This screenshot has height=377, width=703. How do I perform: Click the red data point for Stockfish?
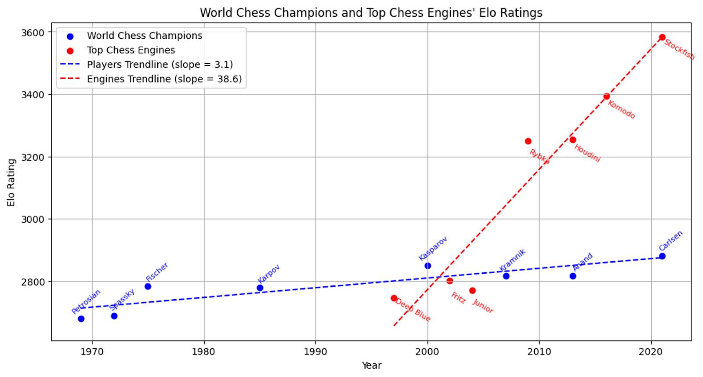click(662, 37)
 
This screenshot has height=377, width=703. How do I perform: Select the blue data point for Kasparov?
click(428, 266)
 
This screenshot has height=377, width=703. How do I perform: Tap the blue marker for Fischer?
click(148, 286)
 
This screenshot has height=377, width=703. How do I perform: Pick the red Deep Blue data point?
click(394, 298)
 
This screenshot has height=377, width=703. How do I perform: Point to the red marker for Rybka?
click(528, 141)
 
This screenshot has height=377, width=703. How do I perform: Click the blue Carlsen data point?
click(662, 256)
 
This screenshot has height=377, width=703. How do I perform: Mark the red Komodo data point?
click(606, 96)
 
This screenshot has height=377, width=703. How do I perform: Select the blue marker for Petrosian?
click(81, 318)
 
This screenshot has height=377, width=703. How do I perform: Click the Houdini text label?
click(587, 153)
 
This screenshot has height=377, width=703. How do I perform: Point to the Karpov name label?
click(268, 274)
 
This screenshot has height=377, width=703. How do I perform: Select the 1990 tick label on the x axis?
click(315, 351)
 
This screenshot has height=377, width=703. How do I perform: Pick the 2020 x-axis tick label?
click(651, 351)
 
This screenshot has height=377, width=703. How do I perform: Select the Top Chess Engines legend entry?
click(131, 50)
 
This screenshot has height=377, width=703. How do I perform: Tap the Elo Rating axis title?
click(11, 182)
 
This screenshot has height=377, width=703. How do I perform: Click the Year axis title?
click(371, 365)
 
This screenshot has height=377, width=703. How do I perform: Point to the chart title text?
click(371, 13)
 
